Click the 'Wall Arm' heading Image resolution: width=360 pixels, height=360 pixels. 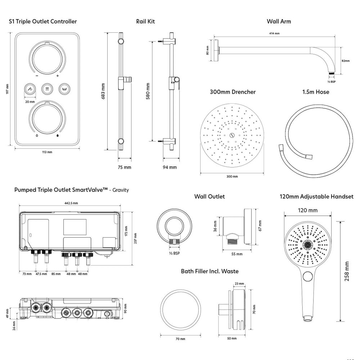point(279,21)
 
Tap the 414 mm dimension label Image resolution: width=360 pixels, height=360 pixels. point(274,33)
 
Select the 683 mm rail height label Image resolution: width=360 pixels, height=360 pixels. point(103,91)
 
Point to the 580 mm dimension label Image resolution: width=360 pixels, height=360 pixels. point(148,91)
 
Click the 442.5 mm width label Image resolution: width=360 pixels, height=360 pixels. point(71,203)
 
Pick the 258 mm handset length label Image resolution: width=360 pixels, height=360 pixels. point(347,271)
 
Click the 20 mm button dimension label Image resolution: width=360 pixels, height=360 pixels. point(30,102)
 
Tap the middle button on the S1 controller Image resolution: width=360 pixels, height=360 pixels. point(47,89)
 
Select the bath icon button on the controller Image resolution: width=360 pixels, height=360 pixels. point(64,89)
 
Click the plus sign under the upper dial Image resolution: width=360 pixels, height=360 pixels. point(57,76)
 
